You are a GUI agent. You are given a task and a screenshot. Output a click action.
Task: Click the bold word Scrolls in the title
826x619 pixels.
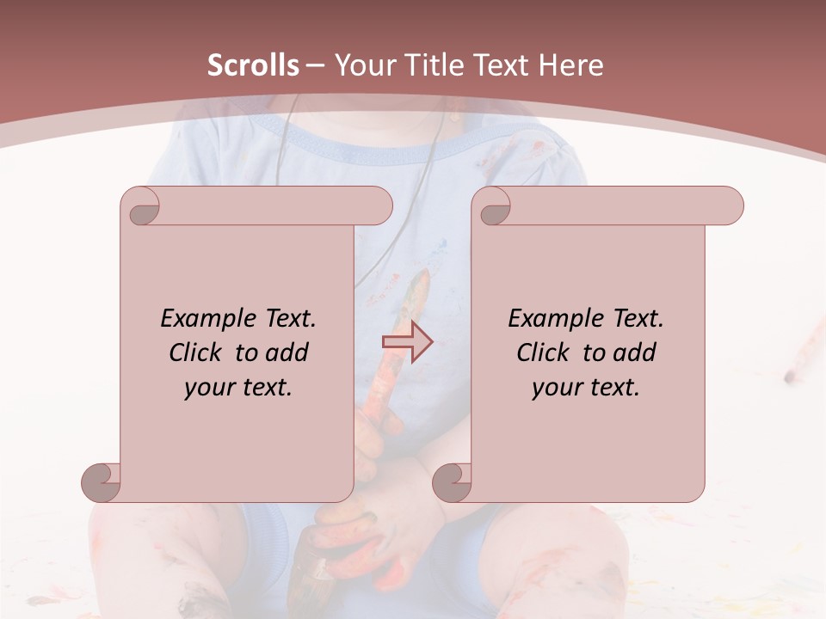253,65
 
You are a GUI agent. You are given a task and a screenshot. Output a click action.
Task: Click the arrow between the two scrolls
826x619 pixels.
407,342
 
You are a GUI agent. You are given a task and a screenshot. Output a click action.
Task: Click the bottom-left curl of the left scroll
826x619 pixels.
102,481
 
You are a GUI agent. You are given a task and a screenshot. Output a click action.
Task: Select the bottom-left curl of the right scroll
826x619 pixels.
453,481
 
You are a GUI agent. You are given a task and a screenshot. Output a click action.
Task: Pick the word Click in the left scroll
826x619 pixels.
196,352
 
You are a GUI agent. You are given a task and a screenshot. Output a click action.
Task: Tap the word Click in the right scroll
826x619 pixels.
544,352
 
